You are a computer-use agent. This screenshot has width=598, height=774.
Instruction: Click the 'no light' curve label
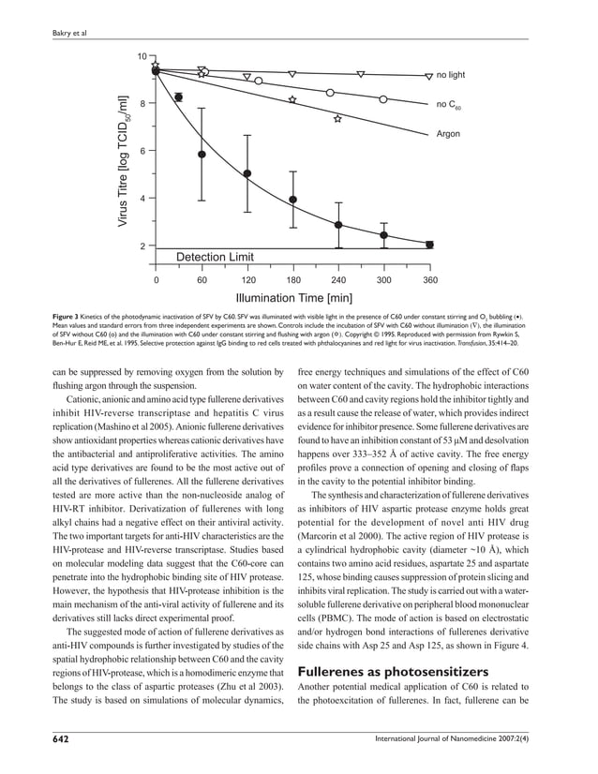[450, 74]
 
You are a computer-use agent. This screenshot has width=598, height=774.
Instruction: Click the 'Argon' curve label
[448, 134]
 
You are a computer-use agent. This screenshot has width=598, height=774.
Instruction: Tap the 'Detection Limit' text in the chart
[216, 256]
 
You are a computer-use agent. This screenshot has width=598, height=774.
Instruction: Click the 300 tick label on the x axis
[384, 280]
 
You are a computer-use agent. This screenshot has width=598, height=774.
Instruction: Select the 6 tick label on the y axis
[142, 151]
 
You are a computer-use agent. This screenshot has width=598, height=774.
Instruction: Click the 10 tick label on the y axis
[140, 57]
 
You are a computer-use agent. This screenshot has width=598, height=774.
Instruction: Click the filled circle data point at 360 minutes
[429, 245]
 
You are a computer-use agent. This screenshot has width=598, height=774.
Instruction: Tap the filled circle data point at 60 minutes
[202, 154]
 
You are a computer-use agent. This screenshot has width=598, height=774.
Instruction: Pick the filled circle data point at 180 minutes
[292, 200]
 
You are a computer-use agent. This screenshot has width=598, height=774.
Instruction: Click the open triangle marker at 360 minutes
[428, 77]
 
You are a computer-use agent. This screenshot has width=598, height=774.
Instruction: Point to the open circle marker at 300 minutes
[383, 98]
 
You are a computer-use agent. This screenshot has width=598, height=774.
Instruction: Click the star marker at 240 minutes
[337, 119]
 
